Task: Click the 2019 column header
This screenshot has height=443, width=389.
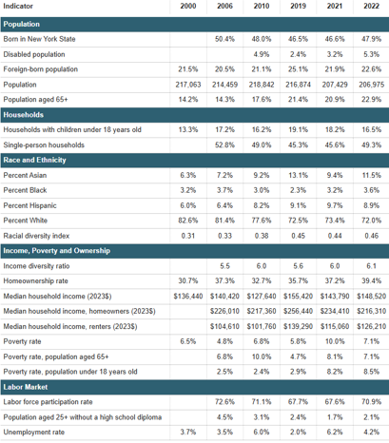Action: click(298, 6)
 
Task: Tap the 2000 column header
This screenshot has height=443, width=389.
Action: click(188, 6)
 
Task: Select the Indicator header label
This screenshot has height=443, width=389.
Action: click(18, 6)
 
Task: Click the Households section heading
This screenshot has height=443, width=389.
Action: click(24, 115)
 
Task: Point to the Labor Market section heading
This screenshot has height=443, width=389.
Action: click(26, 387)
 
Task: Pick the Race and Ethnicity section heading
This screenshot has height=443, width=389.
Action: click(34, 160)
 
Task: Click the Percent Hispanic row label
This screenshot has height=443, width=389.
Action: click(29, 205)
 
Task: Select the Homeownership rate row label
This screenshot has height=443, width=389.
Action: click(35, 281)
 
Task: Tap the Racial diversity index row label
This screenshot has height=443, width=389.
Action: click(36, 236)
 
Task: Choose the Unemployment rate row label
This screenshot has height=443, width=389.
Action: click(33, 433)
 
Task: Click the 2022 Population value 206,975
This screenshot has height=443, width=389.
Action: click(371, 85)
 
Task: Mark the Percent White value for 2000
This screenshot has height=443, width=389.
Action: click(188, 221)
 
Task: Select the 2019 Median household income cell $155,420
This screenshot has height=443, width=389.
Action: click(298, 297)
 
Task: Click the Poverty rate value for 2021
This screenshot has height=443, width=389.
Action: click(335, 341)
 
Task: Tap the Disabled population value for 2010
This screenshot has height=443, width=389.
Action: click(262, 54)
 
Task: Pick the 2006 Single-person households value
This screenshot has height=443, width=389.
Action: click(224, 145)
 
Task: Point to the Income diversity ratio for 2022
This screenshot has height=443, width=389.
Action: click(371, 266)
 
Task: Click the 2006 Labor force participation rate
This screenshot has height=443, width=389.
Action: click(224, 402)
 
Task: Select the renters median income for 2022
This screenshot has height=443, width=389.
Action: click(371, 326)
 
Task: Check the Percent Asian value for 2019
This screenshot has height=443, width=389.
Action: click(298, 175)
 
